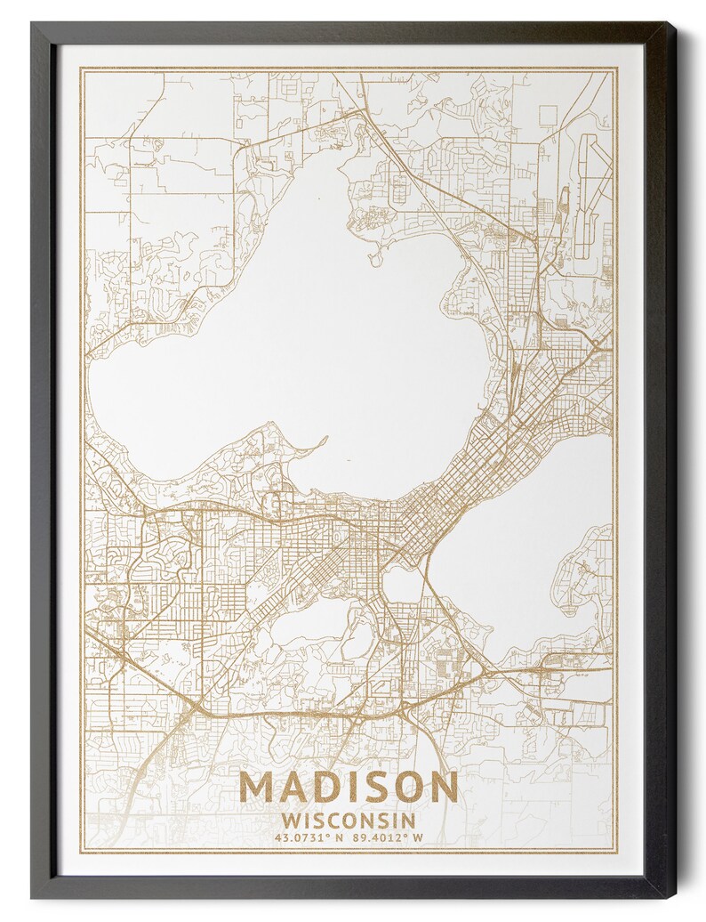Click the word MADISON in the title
[349, 787]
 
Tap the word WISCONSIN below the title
[349, 819]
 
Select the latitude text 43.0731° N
[308, 837]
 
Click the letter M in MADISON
[259, 787]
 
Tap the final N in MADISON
[443, 787]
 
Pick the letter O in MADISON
[406, 787]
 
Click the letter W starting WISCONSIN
[289, 819]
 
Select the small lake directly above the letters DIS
[307, 623]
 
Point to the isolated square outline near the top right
[549, 115]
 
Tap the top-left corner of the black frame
[33, 24]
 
